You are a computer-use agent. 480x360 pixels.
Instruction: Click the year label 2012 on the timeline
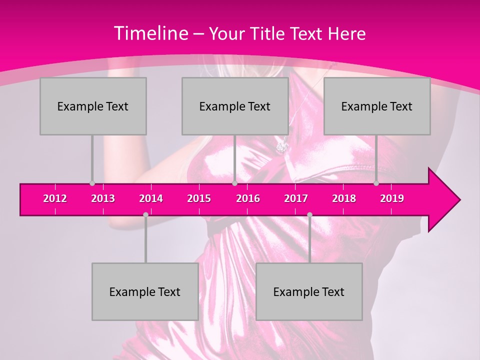coord(55,198)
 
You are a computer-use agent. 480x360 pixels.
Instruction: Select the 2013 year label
coord(103,198)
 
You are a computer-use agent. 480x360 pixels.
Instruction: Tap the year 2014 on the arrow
coord(151,198)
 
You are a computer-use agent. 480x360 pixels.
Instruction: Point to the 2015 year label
coord(199,198)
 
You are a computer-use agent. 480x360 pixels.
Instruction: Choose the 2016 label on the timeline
coord(248,198)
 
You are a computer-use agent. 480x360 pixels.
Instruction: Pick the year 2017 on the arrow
coord(296,198)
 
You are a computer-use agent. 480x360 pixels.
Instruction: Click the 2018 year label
coord(344,198)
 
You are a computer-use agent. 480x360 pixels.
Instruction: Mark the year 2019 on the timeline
coord(392,198)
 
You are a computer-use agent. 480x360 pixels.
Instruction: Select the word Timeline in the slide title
coord(150,33)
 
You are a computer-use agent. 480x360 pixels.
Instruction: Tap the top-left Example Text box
coord(93,106)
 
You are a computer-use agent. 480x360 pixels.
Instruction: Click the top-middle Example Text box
coord(235,106)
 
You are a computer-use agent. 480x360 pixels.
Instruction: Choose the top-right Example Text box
coord(377,106)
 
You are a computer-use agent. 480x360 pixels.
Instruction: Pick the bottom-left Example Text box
coord(145,291)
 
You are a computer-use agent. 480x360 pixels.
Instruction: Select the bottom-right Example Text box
coord(309,291)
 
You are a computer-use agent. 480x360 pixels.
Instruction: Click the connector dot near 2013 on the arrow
coord(92,183)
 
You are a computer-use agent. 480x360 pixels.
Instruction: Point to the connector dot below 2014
coord(145,215)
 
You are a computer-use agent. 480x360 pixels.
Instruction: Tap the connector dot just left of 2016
coord(234,183)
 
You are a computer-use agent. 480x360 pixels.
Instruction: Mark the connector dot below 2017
coord(309,215)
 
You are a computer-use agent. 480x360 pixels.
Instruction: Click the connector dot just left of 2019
coord(376,183)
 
